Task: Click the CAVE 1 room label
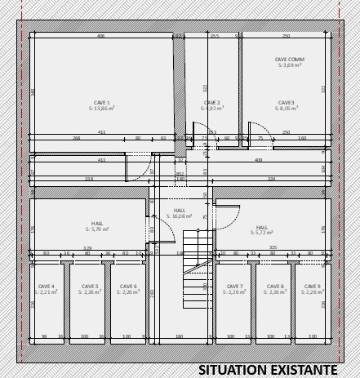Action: point(102,103)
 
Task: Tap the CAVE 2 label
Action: point(212,103)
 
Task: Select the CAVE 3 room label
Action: point(286,103)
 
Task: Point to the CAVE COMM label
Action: point(290,60)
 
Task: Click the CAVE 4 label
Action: point(47,287)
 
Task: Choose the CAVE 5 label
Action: point(90,287)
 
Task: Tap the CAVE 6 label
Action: point(128,287)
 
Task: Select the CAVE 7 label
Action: point(234,287)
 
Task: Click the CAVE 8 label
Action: point(276,287)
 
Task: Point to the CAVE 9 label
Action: point(312,287)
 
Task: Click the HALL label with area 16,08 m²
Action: point(179,211)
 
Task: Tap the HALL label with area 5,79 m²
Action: point(98,223)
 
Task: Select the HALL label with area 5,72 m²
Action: point(262,228)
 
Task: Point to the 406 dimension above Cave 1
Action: point(100,36)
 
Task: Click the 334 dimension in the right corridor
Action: point(272,178)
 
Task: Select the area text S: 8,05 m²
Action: point(286,109)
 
